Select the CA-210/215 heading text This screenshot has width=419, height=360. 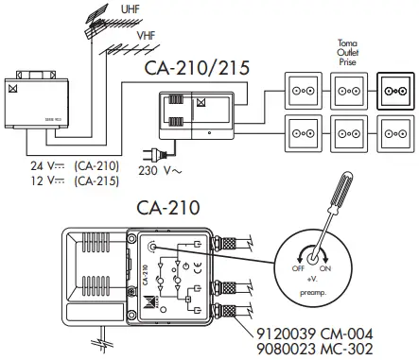pos(200,69)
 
